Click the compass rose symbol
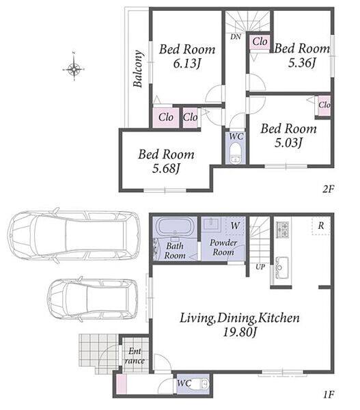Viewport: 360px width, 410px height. point(74,69)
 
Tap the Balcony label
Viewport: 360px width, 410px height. point(138,68)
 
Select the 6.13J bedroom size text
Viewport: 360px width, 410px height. point(187,64)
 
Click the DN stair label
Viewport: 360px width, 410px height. point(236,37)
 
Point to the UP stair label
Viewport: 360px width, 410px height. point(260,267)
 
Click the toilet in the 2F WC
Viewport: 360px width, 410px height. point(236,153)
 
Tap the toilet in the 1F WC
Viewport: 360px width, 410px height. point(202,384)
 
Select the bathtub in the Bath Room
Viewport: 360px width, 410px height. point(175,226)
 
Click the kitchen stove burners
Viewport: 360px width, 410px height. point(283,230)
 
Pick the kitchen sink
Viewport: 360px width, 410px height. point(281,267)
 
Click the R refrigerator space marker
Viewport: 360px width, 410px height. point(321,225)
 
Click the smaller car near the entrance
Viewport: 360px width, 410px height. point(93,299)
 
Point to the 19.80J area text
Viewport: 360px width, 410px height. point(240,332)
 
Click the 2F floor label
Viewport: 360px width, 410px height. point(328,189)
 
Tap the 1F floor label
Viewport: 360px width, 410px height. point(329,394)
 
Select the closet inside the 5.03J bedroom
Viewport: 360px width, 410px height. point(324,106)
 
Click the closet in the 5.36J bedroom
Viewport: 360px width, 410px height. point(260,41)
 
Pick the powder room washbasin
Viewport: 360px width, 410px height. point(212,224)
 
